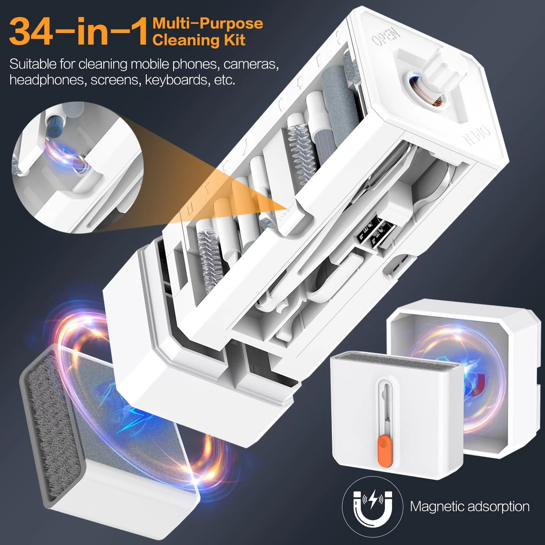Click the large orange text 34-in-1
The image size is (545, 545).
(x=79, y=32)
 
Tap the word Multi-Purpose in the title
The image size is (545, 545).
(x=208, y=23)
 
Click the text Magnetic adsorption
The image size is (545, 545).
(x=470, y=507)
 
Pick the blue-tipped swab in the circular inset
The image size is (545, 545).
(x=54, y=123)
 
